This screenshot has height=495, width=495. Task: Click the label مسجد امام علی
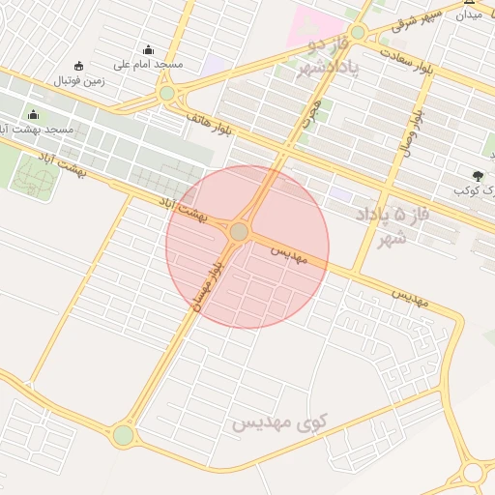pos(148,65)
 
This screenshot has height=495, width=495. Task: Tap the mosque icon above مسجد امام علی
pos(148,50)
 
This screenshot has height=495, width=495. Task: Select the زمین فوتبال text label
pos(78,80)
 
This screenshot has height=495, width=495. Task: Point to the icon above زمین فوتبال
pos(78,66)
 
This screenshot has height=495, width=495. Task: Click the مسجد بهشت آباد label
pos(39,129)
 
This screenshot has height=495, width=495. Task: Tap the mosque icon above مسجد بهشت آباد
pos(34,114)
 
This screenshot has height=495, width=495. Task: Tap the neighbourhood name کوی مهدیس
pos(279,422)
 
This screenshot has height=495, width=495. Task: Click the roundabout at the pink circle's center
pos(240,232)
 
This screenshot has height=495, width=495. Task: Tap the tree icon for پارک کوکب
pos(479,176)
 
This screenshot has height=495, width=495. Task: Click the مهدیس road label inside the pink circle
pos(288,255)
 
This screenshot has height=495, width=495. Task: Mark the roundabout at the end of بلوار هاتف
pos(167,93)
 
